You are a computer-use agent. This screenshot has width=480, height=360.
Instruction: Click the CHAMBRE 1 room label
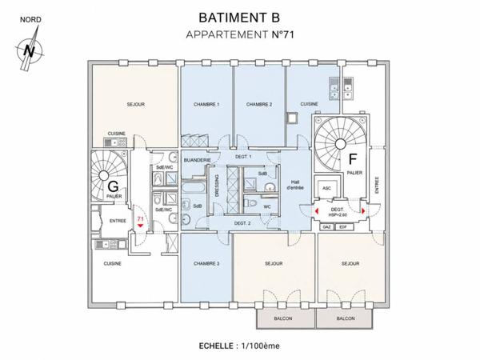[x=206, y=105]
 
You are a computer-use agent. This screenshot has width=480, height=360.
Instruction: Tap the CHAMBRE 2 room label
[x=259, y=105]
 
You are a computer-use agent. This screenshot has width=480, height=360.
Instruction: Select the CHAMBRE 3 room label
[x=206, y=263]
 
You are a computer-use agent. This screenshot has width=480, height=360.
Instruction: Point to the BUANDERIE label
[x=197, y=160]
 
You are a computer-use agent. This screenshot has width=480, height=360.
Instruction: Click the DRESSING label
[x=217, y=186]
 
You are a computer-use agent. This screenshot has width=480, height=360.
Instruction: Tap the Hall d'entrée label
[x=295, y=185]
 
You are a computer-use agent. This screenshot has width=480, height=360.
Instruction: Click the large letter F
[x=353, y=159]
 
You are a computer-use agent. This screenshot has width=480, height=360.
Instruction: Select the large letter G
[x=113, y=186]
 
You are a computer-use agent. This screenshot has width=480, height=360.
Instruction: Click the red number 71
[x=141, y=219]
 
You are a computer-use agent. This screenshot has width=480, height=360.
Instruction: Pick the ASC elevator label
[x=326, y=188]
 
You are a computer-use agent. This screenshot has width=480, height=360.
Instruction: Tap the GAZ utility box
[x=327, y=227]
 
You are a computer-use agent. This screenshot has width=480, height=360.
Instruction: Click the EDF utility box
[x=344, y=227]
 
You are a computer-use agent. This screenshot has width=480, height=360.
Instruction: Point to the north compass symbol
[x=30, y=49]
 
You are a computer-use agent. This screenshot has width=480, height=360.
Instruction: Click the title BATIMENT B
[x=239, y=18]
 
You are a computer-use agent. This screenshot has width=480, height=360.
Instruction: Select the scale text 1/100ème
[x=261, y=346]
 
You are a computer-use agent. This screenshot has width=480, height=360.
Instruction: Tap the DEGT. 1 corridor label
[x=243, y=157]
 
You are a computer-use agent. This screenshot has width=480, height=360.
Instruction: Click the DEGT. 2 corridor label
[x=242, y=223]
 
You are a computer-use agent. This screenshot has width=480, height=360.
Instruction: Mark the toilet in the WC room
[x=250, y=202]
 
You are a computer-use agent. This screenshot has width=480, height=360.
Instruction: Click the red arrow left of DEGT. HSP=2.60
[x=317, y=211]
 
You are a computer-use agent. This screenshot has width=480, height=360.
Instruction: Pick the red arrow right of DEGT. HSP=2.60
[x=363, y=211]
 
